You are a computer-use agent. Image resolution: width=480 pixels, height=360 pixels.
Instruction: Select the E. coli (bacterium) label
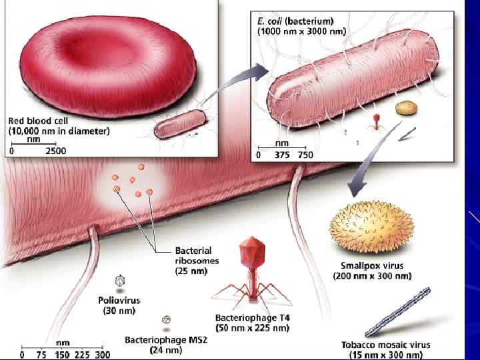(x=297, y=21)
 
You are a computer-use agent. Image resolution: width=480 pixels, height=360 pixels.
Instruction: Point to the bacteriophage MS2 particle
(x=165, y=320)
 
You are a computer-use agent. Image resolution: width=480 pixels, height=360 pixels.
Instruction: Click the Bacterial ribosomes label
(x=196, y=256)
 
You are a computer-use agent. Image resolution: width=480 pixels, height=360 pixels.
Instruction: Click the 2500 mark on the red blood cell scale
(x=55, y=151)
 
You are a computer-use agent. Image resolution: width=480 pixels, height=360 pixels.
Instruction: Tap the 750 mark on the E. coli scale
(x=305, y=155)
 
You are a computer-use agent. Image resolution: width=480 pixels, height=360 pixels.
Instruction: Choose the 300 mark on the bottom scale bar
(x=101, y=355)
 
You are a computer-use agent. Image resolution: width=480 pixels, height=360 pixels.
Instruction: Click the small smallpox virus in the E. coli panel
(x=404, y=109)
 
